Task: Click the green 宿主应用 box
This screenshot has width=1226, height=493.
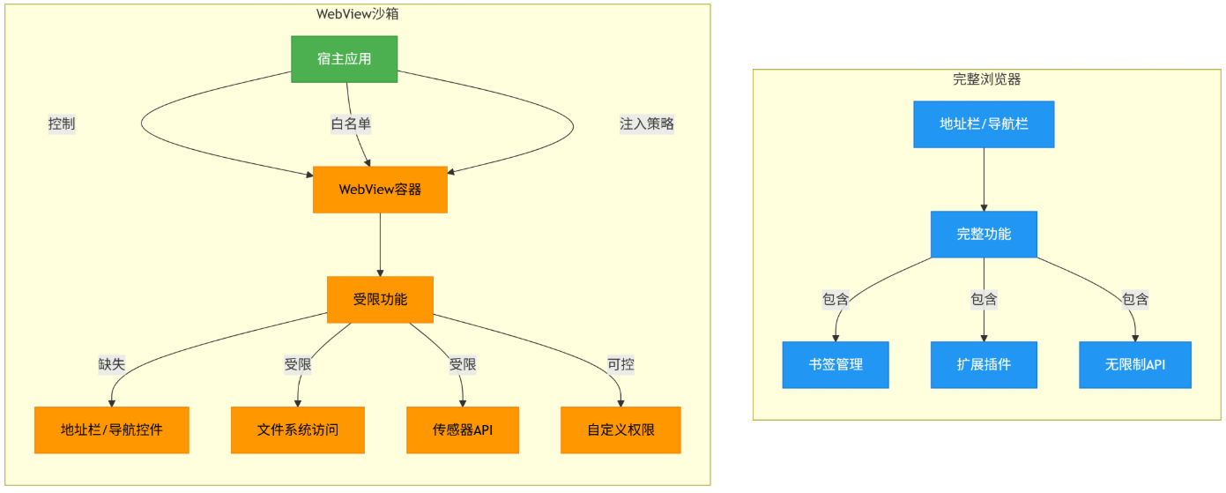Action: (345, 59)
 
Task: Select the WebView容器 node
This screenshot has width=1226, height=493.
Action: (381, 190)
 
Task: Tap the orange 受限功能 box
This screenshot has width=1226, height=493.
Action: (381, 300)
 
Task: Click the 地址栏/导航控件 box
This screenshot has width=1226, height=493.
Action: (112, 430)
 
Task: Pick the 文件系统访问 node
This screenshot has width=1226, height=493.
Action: (298, 430)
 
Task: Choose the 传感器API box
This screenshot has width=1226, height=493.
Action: (463, 430)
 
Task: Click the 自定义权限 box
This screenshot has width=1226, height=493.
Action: (620, 430)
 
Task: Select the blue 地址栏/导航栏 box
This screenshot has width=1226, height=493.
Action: (985, 124)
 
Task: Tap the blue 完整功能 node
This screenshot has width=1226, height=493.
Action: (985, 235)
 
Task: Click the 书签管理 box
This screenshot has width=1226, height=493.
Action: (836, 365)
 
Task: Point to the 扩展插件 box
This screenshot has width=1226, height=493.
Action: (985, 365)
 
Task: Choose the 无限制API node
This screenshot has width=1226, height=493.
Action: (1135, 365)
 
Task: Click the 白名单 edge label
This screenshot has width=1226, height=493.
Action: (351, 123)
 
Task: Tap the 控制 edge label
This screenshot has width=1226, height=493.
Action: (62, 123)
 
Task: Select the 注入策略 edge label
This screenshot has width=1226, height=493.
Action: (647, 123)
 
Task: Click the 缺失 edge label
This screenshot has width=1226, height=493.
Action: (112, 364)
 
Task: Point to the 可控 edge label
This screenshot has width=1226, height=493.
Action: (620, 364)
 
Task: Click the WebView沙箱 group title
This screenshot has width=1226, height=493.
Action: (358, 14)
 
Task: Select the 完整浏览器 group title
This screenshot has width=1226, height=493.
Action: (987, 79)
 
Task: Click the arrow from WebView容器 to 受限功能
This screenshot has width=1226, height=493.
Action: (381, 245)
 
